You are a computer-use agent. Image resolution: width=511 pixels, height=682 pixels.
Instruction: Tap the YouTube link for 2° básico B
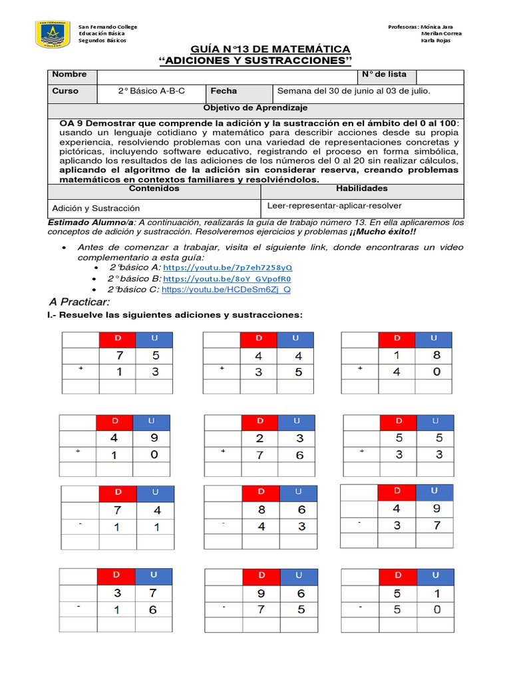coord(227,278)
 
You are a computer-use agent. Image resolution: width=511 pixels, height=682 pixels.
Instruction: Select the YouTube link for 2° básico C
coord(226,290)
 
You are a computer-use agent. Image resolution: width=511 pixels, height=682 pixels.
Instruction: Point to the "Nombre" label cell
coord(70,75)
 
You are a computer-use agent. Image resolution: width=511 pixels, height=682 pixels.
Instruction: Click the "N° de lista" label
coord(385,75)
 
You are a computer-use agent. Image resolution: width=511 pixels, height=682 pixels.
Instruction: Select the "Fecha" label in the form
coord(224,91)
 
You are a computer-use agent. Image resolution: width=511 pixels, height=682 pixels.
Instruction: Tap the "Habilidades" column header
coord(361,188)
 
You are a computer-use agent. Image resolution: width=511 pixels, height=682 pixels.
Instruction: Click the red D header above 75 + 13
coord(118,340)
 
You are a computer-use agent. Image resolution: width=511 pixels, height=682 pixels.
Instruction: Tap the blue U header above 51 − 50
coord(436,575)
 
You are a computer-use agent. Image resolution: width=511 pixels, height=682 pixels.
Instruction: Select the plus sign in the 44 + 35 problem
coord(222,368)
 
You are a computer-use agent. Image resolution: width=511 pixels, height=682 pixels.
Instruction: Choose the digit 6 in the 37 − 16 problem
coord(153,609)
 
